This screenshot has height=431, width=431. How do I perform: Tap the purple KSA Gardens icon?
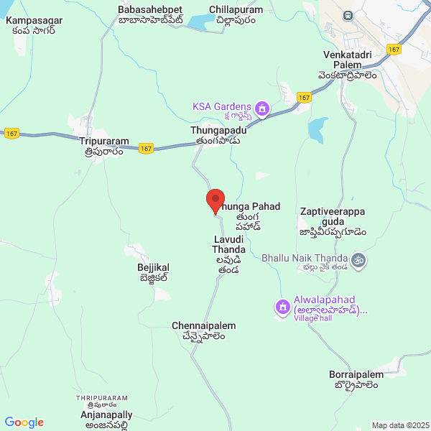point(263,109)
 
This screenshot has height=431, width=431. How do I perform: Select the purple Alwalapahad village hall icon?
point(283,309)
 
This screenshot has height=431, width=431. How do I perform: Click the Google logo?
point(24,422)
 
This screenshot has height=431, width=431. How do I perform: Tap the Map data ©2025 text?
point(400,425)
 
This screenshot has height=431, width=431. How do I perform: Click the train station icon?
point(348,15)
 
